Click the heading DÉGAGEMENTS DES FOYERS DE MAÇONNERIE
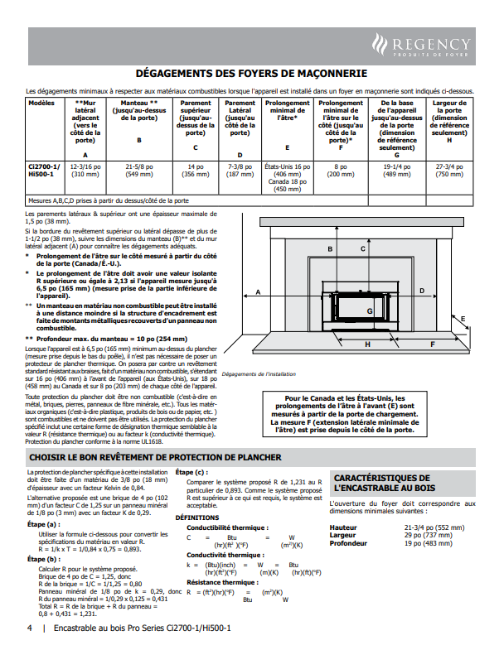click(251, 74)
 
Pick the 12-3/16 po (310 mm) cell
click(85, 170)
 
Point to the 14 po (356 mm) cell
click(196, 170)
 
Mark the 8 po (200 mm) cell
click(341, 170)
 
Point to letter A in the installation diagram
click(259, 292)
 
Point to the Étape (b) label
click(42, 559)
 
